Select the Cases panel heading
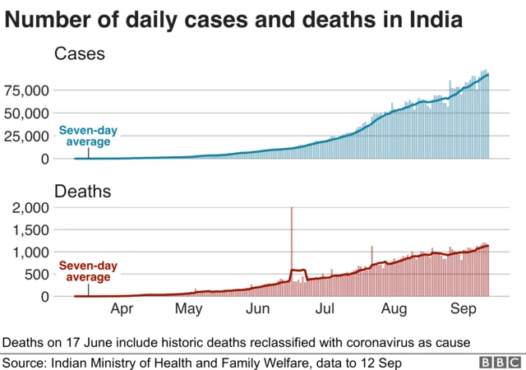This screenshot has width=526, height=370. pyautogui.click(x=80, y=55)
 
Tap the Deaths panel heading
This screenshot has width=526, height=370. pyautogui.click(x=82, y=192)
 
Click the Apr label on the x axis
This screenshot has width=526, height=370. pyautogui.click(x=122, y=310)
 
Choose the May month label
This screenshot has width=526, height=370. pyautogui.click(x=190, y=310)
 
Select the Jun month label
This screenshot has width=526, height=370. pyautogui.click(x=258, y=310)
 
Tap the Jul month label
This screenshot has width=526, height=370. pyautogui.click(x=325, y=310)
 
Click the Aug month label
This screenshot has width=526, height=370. pyautogui.click(x=394, y=310)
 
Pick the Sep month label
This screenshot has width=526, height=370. pyautogui.click(x=463, y=310)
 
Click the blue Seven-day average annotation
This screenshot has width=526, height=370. pyautogui.click(x=88, y=136)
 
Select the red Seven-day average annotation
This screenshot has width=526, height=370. pyautogui.click(x=88, y=272)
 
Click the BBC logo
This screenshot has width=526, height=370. pyautogui.click(x=501, y=362)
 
